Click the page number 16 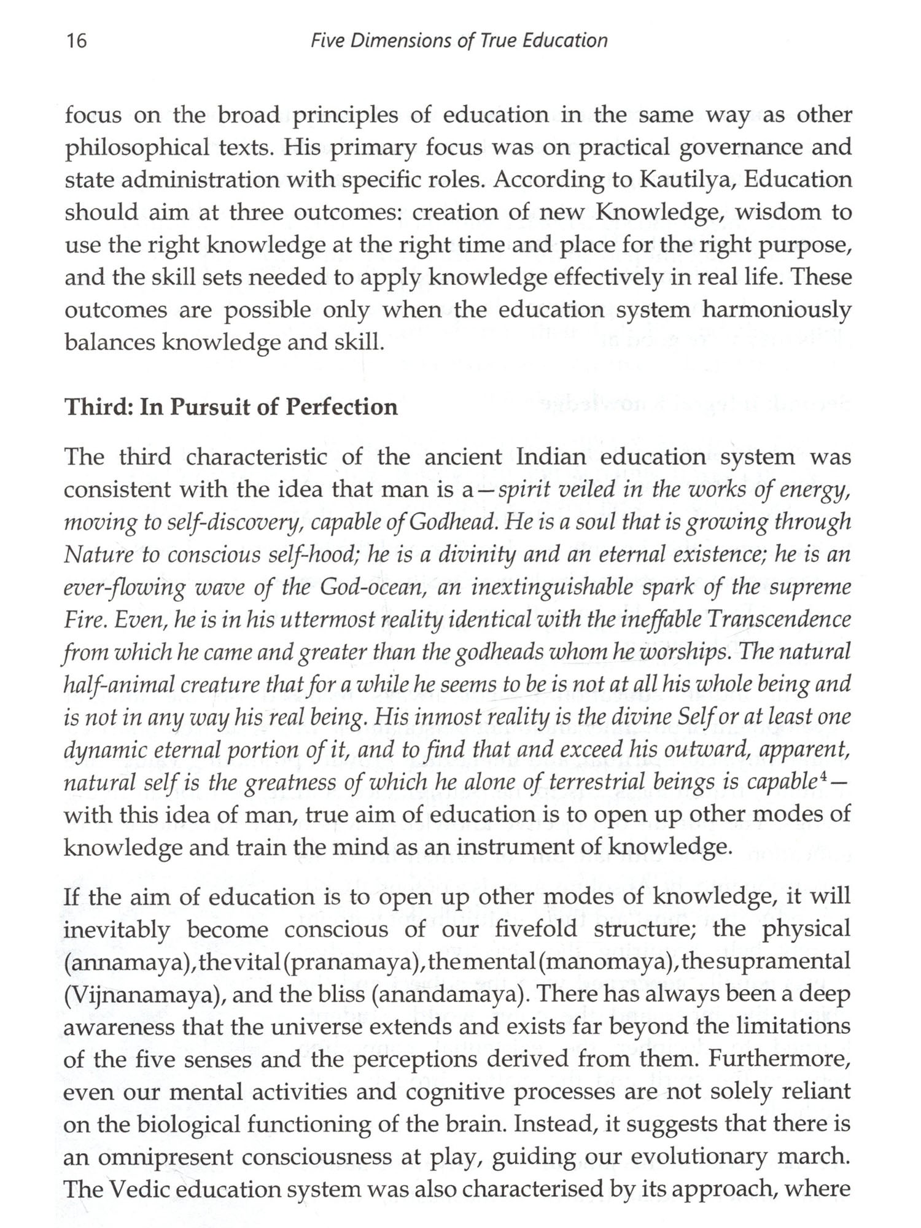click(77, 41)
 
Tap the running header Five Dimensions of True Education click(459, 41)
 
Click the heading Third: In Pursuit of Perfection click(231, 407)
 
